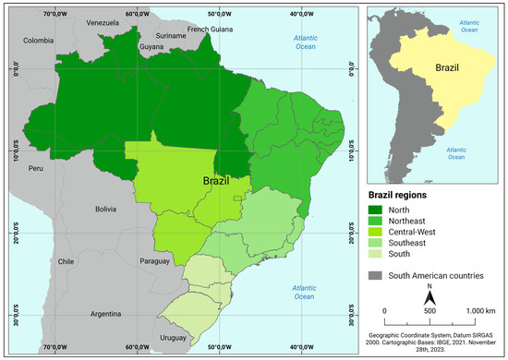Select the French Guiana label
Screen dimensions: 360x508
click(212, 30)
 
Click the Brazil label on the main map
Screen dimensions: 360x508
click(222, 182)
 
